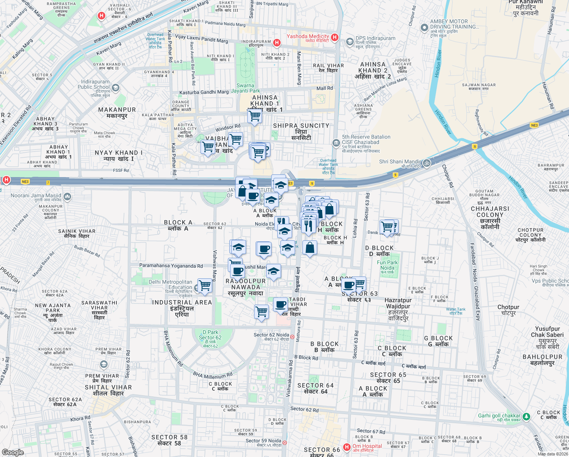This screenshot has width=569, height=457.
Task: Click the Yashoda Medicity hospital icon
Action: tap(335, 37)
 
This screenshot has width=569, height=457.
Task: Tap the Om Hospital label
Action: tap(367, 446)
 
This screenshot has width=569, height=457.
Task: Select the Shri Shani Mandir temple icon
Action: tap(427, 163)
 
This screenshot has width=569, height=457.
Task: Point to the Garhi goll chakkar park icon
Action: tap(526, 417)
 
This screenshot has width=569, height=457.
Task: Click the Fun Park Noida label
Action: tap(387, 265)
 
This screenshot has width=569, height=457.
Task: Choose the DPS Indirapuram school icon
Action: tap(350, 42)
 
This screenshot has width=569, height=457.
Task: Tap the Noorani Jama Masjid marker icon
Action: tap(67, 197)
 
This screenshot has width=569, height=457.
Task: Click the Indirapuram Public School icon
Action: tap(116, 88)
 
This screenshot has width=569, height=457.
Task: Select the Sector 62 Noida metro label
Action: tap(271, 335)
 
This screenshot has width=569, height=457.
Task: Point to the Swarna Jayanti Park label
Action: tap(245, 88)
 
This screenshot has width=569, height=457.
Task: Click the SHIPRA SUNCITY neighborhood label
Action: tap(301, 126)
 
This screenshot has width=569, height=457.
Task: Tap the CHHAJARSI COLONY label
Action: tap(490, 212)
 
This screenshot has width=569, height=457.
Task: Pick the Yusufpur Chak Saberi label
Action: tap(547, 332)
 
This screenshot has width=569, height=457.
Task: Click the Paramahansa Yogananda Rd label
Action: tap(171, 266)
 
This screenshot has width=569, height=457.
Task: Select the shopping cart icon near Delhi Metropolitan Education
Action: tap(205, 285)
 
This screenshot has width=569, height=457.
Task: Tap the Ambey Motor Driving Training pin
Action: tap(424, 28)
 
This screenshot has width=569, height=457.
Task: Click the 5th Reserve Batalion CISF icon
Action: tap(336, 143)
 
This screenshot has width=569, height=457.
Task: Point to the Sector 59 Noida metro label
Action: tap(263, 441)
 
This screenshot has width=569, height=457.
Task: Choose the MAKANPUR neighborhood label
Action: tap(117, 110)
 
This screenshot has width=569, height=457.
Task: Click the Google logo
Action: tap(13, 452)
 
